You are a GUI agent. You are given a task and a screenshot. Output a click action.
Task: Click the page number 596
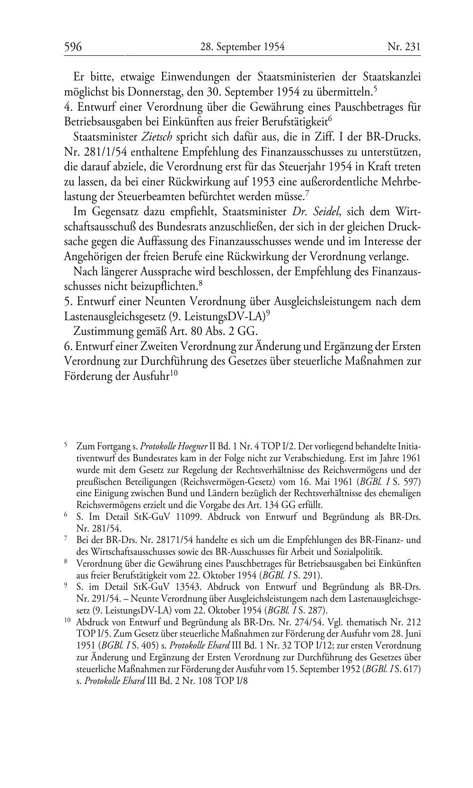(x=73, y=47)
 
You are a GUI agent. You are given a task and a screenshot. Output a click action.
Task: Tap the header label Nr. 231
(x=403, y=47)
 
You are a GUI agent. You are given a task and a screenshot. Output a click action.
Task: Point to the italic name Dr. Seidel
(x=310, y=211)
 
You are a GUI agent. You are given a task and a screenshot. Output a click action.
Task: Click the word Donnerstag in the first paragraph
(x=144, y=90)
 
